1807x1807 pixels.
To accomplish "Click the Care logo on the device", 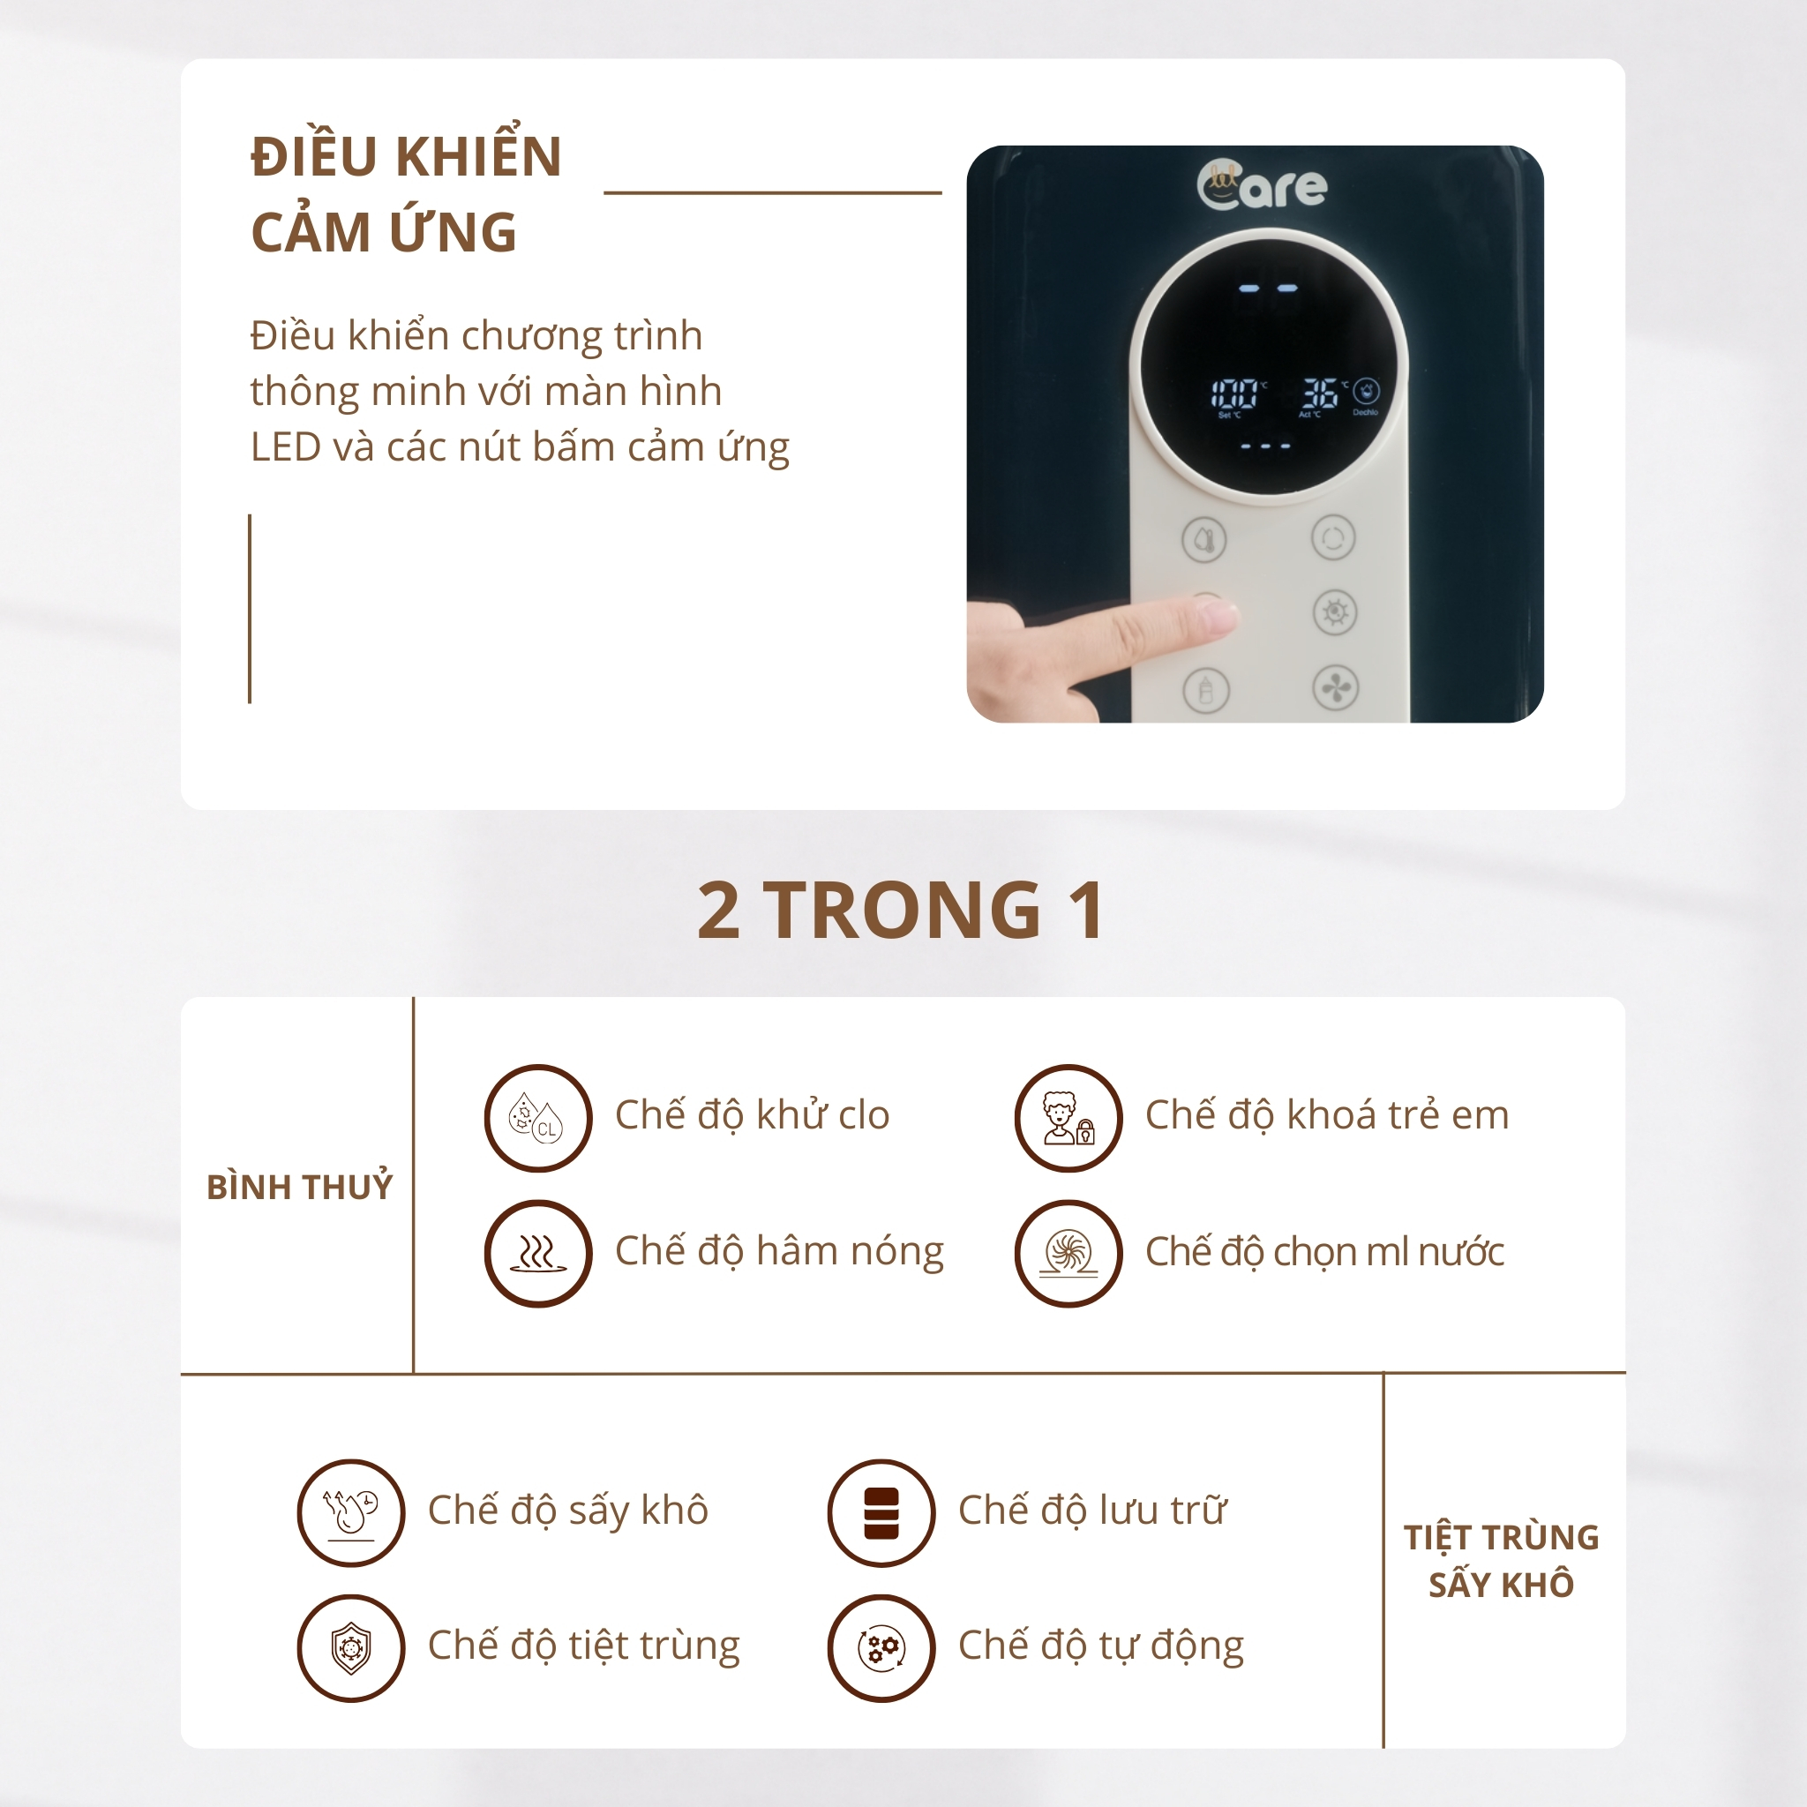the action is coord(1262,185).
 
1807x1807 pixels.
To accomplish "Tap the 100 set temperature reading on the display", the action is coord(1233,394).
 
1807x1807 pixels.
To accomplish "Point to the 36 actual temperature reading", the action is coord(1320,394).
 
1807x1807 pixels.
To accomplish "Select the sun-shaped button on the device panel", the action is coord(1335,612).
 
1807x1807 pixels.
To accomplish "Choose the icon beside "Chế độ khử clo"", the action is coord(538,1118).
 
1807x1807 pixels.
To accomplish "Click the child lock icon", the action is coord(1068,1118).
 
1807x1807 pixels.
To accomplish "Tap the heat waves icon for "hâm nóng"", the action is coord(538,1253).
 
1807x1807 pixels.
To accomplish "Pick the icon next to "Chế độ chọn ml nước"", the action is coord(1068,1253).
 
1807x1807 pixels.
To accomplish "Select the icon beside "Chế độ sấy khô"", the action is coord(351,1512).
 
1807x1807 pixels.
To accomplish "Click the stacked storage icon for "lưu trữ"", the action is coord(881,1512).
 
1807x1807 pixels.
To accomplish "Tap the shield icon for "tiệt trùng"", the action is coord(351,1648).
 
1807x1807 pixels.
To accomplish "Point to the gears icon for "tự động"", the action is coord(881,1648).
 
